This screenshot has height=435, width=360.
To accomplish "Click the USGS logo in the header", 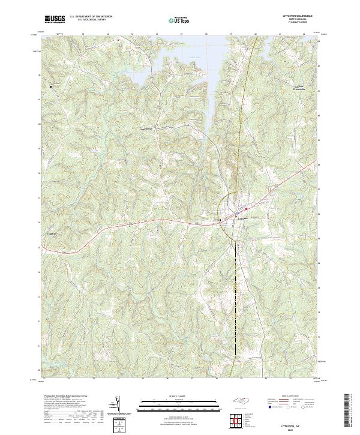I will (55, 20).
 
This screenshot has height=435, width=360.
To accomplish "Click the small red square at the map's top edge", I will (118, 40).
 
